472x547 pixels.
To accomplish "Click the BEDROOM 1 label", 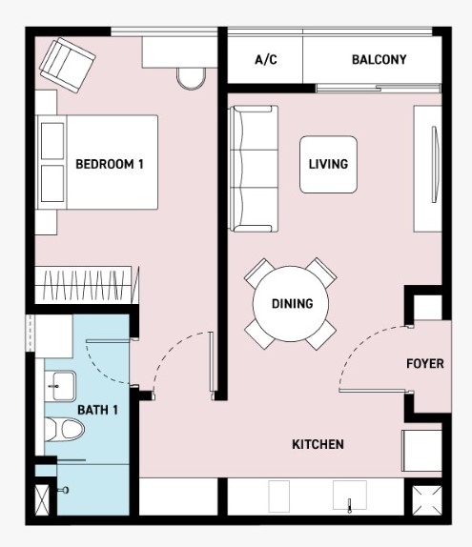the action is (110, 164).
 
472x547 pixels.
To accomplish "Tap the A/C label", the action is (266, 60).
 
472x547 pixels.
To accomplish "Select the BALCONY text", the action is (379, 60).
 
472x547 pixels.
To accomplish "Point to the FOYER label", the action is (425, 363).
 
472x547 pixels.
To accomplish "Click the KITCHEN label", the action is (318, 444).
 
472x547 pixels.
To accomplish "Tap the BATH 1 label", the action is (97, 410).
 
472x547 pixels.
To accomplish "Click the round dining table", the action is (291, 303).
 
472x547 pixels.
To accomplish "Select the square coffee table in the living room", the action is (328, 164).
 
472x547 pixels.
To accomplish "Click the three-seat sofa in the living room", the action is (254, 169).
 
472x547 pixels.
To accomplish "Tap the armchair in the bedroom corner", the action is (68, 65).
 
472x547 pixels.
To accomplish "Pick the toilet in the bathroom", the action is (65, 430).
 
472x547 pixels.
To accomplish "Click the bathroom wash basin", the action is (60, 386).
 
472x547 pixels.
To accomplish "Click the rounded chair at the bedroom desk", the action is (191, 79).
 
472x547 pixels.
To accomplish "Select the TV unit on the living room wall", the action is (428, 169).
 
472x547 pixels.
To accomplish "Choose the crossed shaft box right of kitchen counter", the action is (427, 500).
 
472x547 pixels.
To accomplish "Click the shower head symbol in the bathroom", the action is (64, 490).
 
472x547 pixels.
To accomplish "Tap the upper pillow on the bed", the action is (52, 141).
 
